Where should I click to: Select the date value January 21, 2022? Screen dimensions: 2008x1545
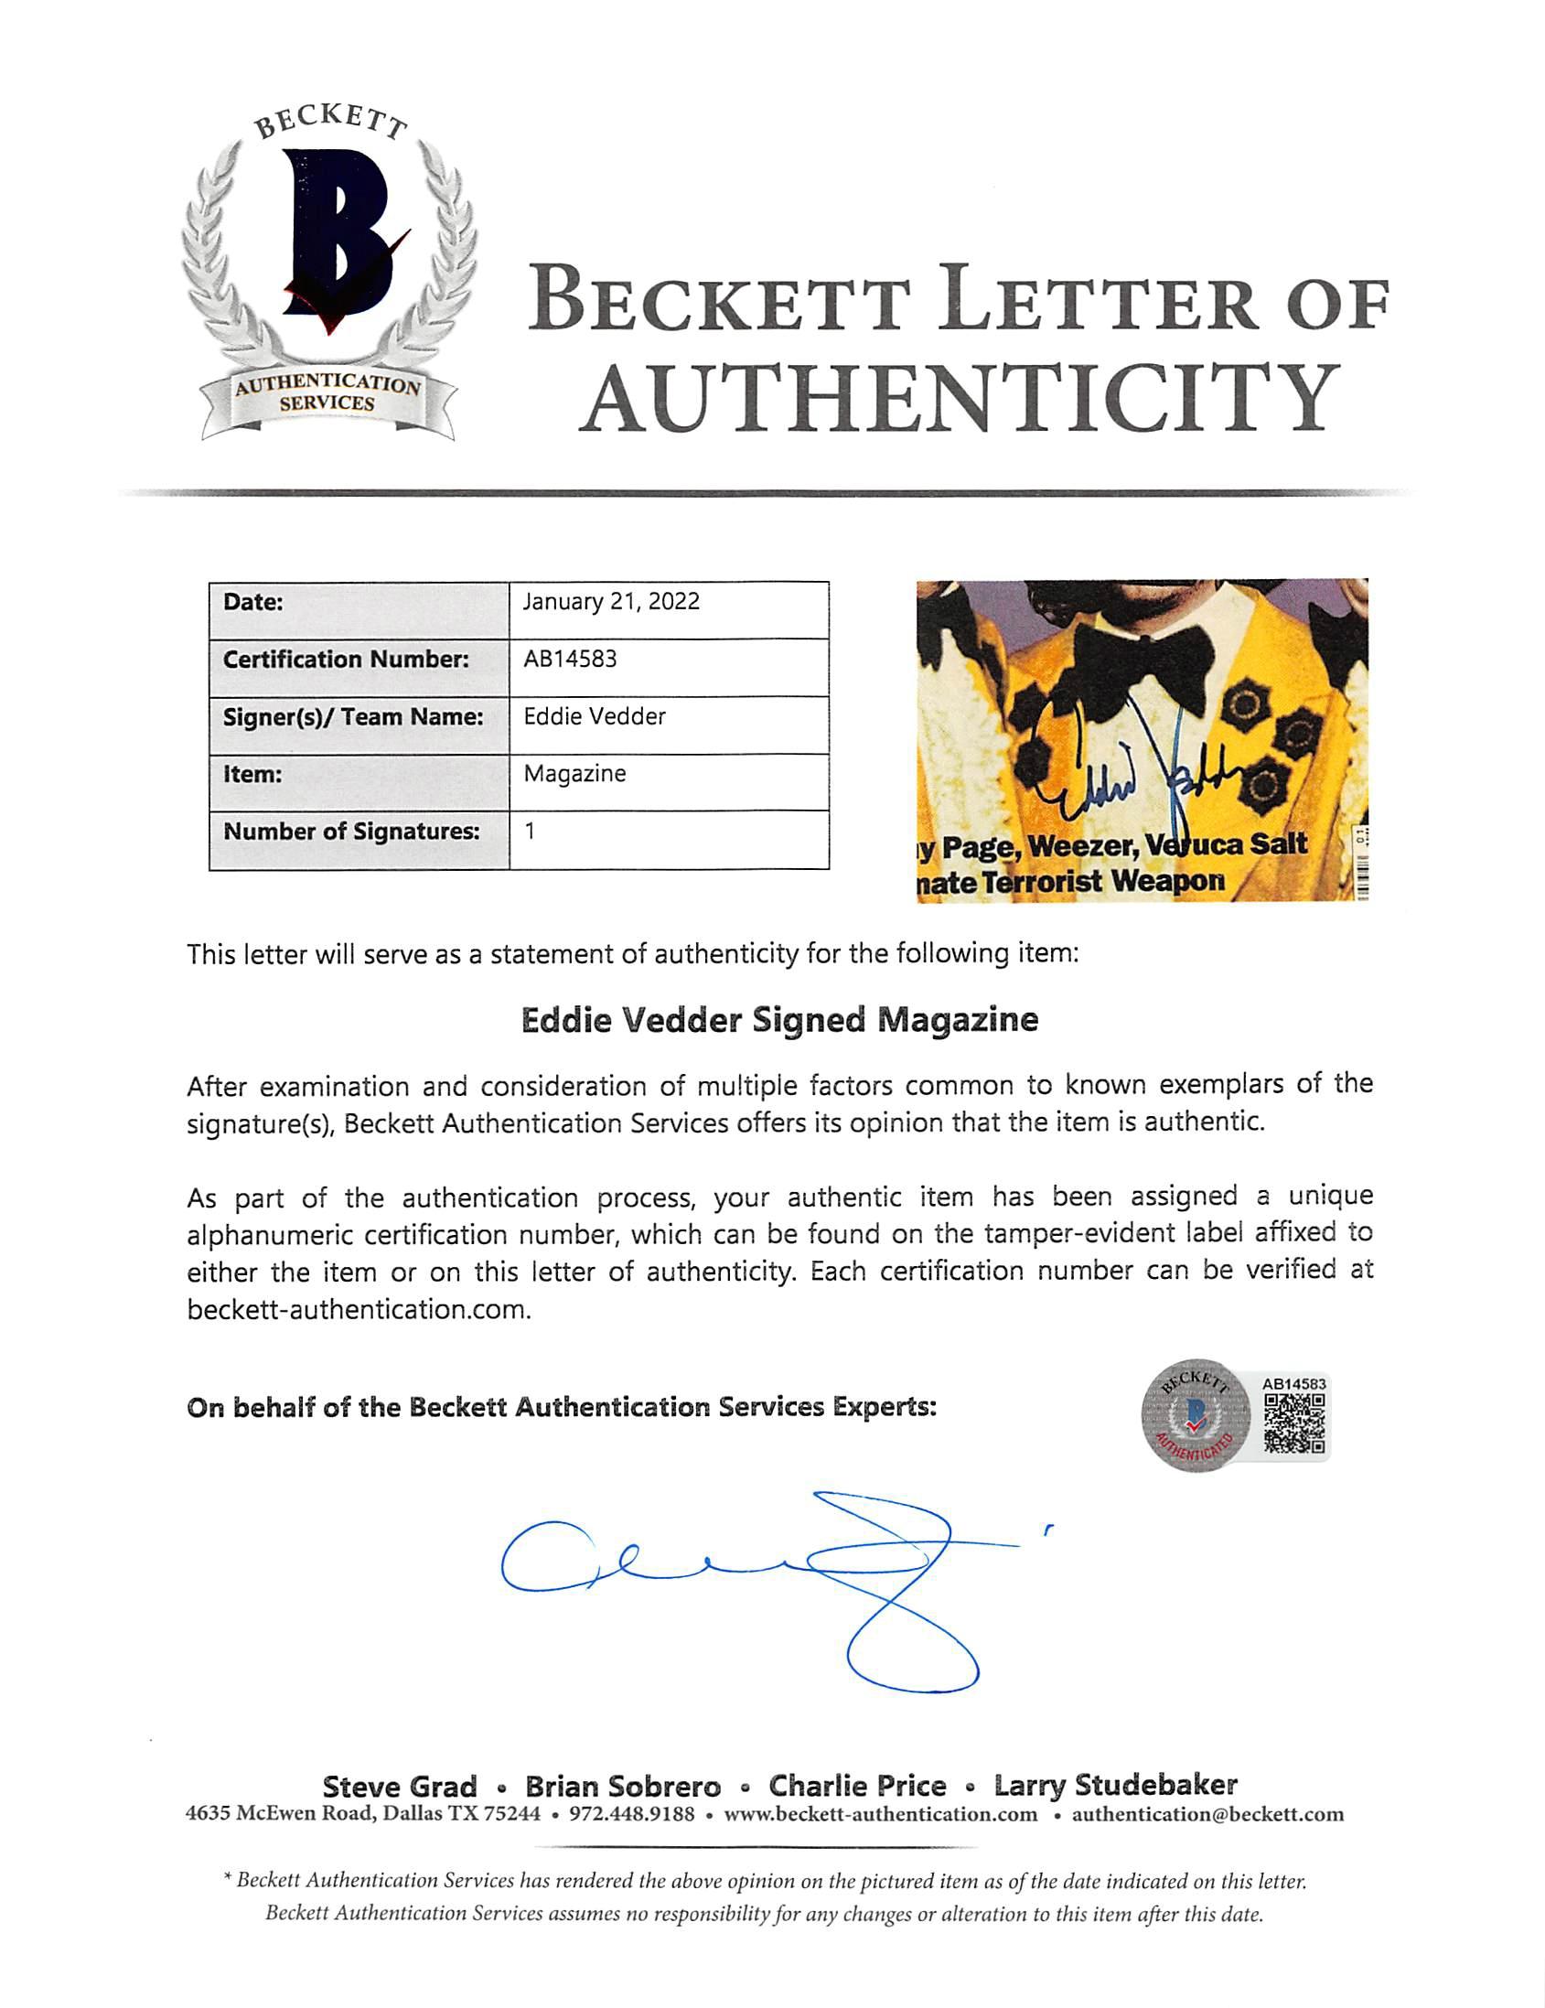[611, 601]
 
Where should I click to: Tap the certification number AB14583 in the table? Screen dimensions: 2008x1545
[570, 660]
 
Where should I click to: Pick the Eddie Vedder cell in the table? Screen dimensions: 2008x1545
[595, 716]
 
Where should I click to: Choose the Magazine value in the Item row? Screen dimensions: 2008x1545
[574, 774]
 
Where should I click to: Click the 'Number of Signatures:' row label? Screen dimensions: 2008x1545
[351, 832]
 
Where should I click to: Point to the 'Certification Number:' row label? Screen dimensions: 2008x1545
[346, 660]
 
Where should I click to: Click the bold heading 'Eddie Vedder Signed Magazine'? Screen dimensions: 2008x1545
[779, 1020]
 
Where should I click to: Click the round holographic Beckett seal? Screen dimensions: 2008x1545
[1195, 1416]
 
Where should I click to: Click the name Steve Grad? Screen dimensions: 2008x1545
[400, 1787]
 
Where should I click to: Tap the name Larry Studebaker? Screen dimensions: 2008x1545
[1115, 1786]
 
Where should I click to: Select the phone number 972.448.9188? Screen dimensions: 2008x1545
[631, 1814]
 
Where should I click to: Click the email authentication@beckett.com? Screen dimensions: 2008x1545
[1207, 1814]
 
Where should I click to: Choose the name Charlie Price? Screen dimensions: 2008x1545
[856, 1786]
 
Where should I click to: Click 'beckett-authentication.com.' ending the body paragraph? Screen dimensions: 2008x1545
[359, 1309]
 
